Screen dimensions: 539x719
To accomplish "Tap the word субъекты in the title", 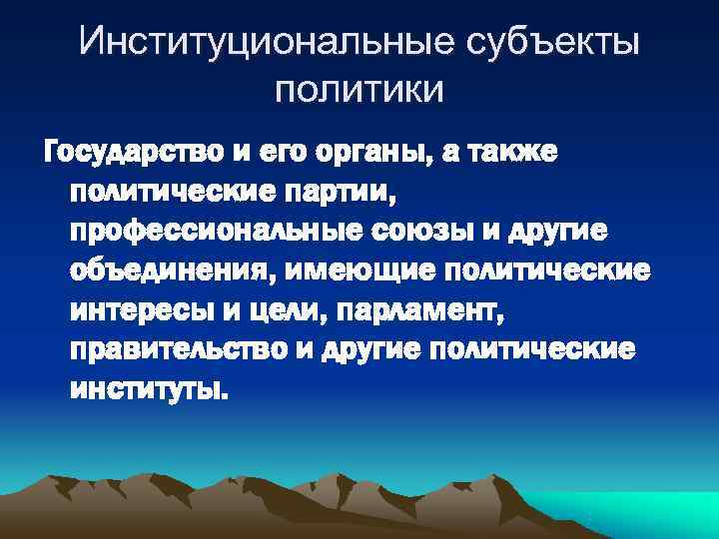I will point(552,43).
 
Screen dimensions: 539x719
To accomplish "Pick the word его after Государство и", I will point(262,156).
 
